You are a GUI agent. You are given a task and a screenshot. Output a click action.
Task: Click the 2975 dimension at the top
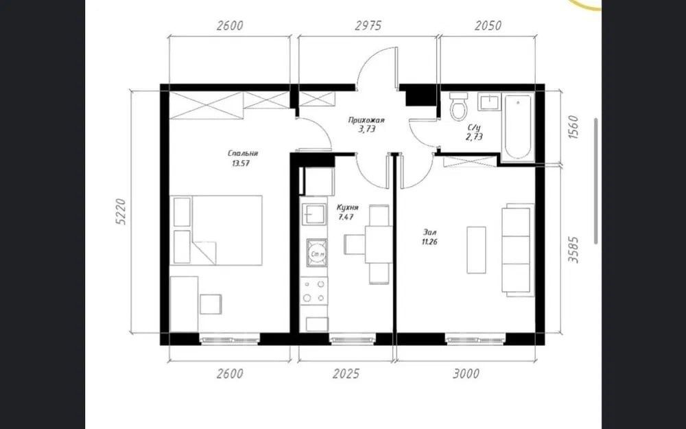click(368, 25)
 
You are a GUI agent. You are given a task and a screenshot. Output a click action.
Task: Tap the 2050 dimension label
click(488, 25)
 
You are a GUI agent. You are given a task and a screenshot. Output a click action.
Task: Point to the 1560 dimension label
click(573, 128)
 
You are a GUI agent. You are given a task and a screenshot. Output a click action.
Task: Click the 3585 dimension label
click(573, 250)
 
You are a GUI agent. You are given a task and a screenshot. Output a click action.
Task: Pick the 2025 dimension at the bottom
click(346, 374)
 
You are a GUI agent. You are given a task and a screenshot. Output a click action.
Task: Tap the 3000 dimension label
click(466, 374)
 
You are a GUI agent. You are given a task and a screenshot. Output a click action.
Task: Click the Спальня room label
click(243, 153)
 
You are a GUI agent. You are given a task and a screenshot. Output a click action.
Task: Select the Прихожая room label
click(366, 120)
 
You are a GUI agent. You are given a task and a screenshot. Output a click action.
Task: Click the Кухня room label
click(348, 207)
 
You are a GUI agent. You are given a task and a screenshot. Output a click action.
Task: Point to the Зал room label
click(429, 232)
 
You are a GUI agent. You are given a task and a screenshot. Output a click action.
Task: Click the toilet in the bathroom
click(458, 106)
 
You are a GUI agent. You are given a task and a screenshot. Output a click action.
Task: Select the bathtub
click(517, 126)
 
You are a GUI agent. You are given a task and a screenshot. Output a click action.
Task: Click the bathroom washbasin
click(488, 102)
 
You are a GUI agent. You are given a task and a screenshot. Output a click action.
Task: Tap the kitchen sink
click(314, 214)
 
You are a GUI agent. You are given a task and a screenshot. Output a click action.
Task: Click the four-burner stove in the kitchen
click(314, 291)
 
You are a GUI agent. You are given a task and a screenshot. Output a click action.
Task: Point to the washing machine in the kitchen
click(317, 253)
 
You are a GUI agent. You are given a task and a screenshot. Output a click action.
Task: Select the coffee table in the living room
click(476, 250)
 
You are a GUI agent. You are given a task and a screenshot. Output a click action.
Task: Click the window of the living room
click(475, 339)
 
